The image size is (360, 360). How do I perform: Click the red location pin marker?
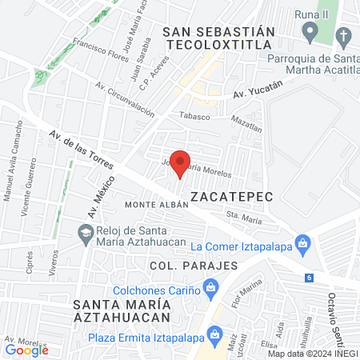180,162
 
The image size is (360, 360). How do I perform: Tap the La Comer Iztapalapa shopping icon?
302,242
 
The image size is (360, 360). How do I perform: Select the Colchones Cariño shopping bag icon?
210,286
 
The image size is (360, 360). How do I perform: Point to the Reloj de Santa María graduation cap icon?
85,233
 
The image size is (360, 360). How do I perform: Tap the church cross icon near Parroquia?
343,36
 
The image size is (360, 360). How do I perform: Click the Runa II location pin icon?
310,31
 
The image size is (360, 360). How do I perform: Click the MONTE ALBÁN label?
156,205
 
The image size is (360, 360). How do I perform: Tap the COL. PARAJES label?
193,265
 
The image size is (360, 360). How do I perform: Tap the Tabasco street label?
194,116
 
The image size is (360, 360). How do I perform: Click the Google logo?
27,350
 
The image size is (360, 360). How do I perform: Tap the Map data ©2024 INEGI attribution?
312,353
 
